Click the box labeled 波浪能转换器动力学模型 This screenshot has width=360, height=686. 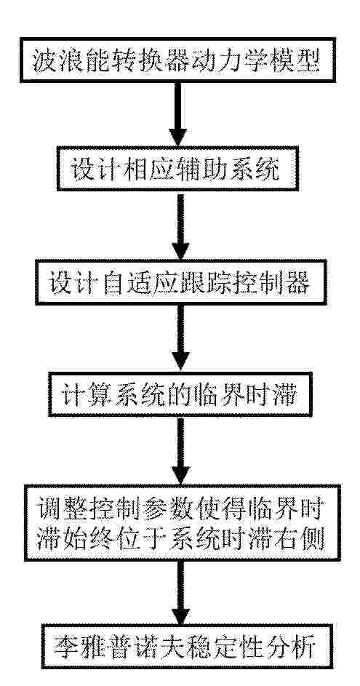click(x=178, y=60)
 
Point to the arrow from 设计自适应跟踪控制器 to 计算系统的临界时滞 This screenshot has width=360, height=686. click(x=180, y=338)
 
